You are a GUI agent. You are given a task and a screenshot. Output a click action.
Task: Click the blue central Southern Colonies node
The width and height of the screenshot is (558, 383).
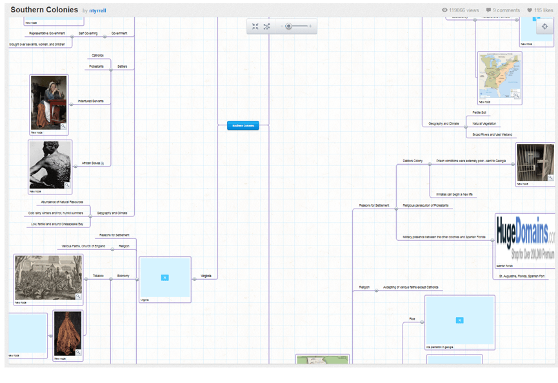point(243,125)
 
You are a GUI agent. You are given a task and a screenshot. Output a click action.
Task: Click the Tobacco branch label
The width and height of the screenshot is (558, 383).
point(98,276)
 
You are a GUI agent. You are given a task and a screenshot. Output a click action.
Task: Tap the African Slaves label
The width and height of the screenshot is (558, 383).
point(91,163)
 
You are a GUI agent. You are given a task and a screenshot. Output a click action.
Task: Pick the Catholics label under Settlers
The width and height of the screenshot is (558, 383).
point(97,56)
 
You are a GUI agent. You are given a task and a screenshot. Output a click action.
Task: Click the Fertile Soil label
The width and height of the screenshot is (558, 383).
point(479,112)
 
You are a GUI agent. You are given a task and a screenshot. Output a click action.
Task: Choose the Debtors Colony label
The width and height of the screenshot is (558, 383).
point(413,161)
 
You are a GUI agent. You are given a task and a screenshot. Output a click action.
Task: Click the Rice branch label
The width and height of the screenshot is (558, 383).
point(412,318)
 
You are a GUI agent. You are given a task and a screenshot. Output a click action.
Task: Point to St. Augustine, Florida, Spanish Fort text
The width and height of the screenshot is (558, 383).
point(521,276)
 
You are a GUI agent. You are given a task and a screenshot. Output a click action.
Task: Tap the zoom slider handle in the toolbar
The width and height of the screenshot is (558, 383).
point(288,26)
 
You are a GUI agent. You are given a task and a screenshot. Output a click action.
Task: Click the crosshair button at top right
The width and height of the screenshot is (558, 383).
point(544,26)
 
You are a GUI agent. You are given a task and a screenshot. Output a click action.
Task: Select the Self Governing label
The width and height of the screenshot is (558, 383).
point(88,33)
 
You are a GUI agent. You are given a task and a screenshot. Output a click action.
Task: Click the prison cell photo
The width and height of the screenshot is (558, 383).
point(535,162)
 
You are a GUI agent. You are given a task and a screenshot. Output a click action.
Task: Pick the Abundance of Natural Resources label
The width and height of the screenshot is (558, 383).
point(63,202)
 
